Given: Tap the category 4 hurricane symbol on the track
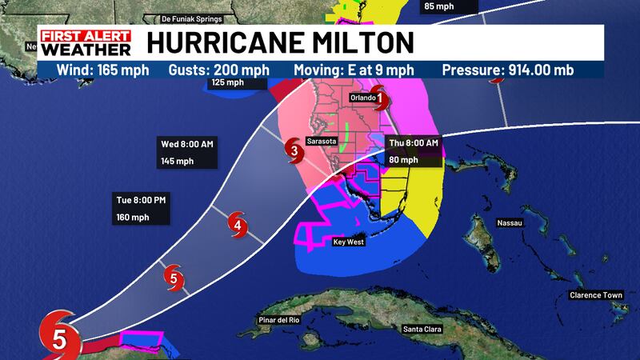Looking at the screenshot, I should [238, 226].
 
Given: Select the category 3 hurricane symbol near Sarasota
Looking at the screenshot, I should [294, 149].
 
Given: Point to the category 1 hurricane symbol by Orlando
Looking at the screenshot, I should [381, 100].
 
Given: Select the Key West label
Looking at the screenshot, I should [348, 240].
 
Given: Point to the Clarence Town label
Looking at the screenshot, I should [596, 295].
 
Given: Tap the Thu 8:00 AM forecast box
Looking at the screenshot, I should [413, 150].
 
